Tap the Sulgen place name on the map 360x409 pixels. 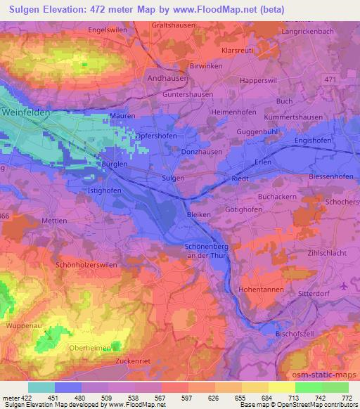click(173, 178)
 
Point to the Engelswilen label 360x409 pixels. click(107, 30)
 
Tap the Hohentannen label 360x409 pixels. click(261, 289)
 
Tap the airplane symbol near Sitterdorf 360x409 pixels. click(343, 285)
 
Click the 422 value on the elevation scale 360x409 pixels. click(21, 398)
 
